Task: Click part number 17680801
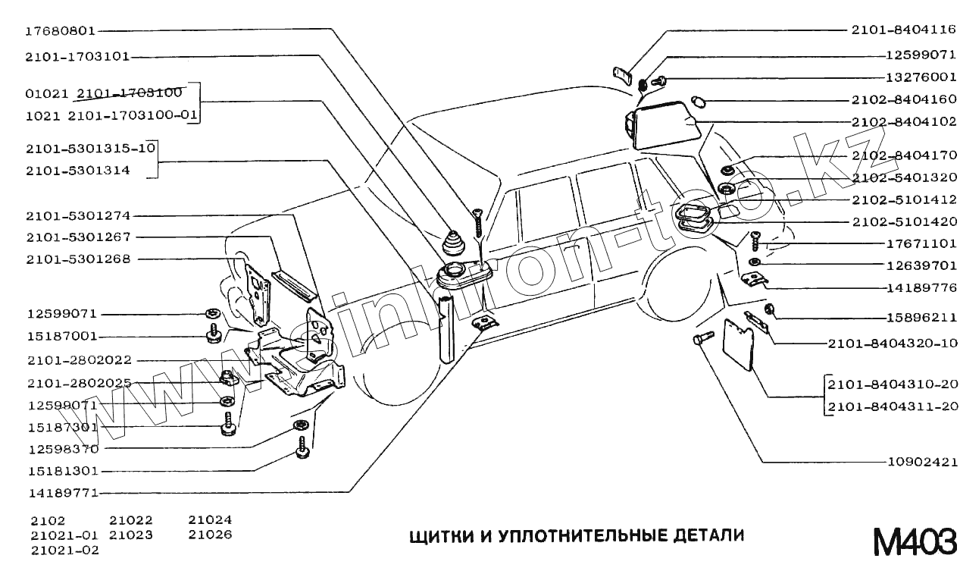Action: [60, 31]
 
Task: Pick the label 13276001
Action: [921, 77]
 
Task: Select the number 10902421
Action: [921, 462]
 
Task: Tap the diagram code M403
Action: [914, 541]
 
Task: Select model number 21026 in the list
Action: [210, 535]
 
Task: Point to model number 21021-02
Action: [65, 550]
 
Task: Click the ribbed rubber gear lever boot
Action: [458, 243]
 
